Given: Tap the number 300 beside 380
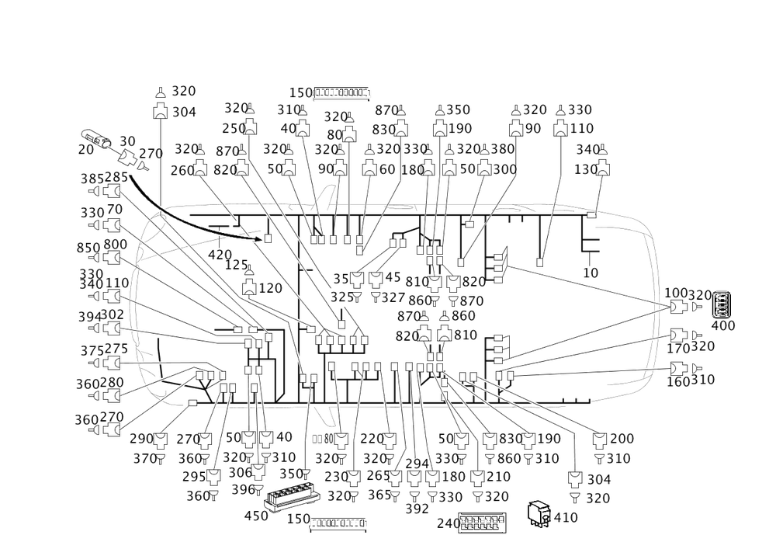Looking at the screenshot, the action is [505, 169].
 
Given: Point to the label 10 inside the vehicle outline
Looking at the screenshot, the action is [591, 273].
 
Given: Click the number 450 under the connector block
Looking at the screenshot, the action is [255, 515].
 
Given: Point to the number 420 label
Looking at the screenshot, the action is [220, 253].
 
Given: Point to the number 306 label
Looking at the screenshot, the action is [243, 472].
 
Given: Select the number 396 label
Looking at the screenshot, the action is [243, 489].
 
